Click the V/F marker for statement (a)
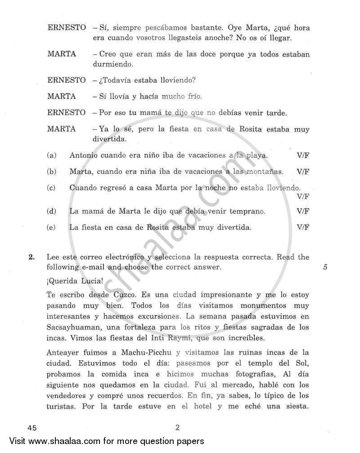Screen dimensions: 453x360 [x=303, y=155]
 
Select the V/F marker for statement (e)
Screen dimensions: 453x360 [x=303, y=227]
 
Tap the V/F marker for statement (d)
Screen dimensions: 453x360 [x=303, y=211]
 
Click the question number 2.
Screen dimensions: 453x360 [x=31, y=257]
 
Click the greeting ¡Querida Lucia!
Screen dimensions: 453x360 [x=75, y=281]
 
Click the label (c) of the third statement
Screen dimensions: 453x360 [x=51, y=188]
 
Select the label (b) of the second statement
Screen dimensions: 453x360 [x=51, y=172]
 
